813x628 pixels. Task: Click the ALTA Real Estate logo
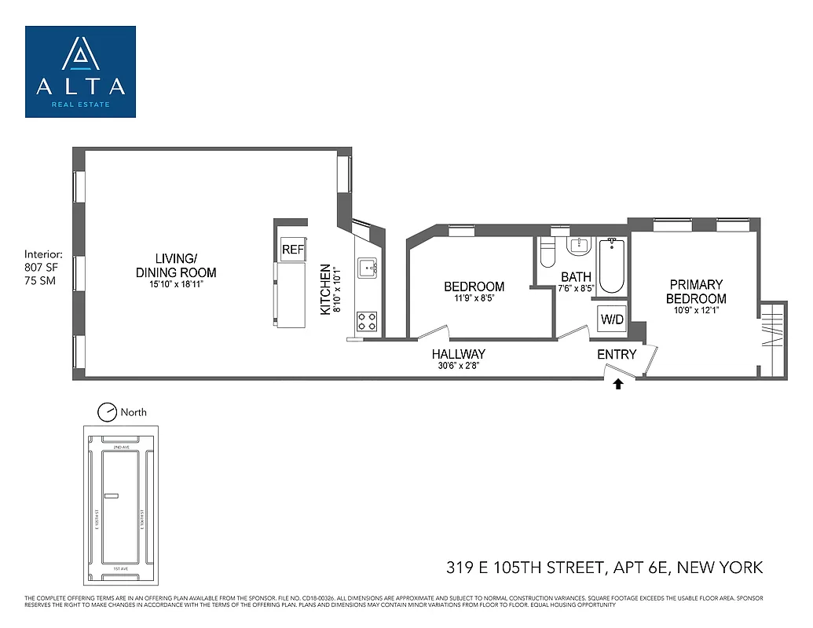point(80,71)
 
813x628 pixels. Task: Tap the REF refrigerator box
point(292,250)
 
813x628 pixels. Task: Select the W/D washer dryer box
point(611,319)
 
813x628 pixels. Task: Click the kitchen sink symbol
point(367,269)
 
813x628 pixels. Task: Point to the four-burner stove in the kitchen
point(367,320)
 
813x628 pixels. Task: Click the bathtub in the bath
point(611,267)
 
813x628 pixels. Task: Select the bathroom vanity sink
point(580,245)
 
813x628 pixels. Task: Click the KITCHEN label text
point(325,290)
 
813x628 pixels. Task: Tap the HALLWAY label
point(458,354)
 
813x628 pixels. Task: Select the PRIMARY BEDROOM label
point(696,291)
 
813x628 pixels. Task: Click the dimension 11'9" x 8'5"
point(474,298)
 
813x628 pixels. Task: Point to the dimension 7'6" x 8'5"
point(576,288)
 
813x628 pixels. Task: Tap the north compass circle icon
point(106,411)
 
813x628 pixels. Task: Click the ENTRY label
point(617,355)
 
